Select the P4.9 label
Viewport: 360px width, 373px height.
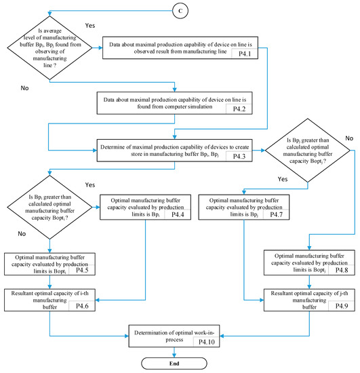point(343,307)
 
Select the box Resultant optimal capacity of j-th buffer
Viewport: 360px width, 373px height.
point(310,298)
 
